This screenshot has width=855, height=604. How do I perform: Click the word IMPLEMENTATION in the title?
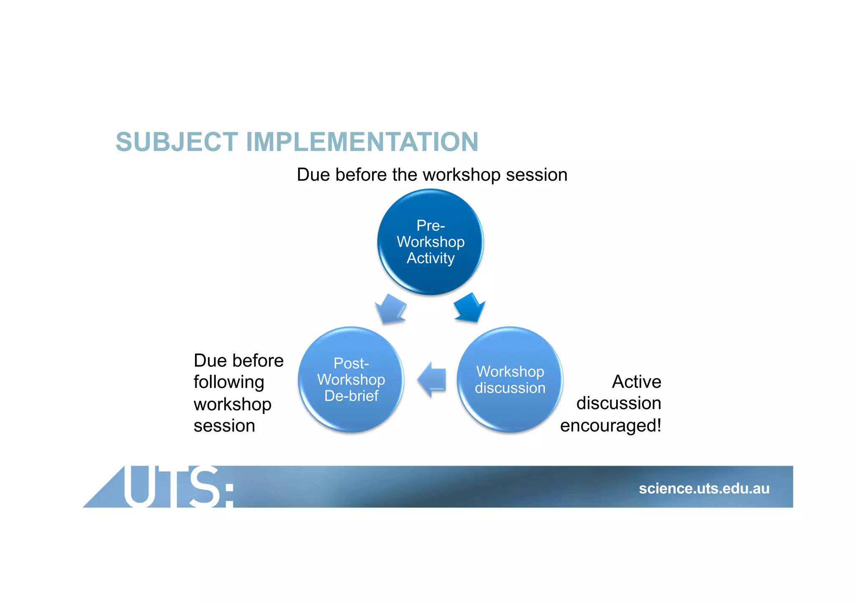[x=362, y=142]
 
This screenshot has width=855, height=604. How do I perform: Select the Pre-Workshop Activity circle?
[x=430, y=242]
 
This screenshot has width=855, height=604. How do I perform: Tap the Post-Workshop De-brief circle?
[x=351, y=379]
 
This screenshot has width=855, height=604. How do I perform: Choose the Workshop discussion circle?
[x=510, y=379]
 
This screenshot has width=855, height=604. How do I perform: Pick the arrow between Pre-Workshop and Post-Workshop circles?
[x=391, y=308]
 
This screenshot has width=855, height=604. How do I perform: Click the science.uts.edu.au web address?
[x=704, y=488]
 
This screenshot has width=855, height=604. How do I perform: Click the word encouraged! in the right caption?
[x=610, y=426]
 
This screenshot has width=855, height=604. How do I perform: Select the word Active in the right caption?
[x=636, y=382]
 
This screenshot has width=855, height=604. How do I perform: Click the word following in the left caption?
[x=229, y=382]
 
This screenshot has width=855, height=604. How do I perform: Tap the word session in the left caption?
[x=224, y=426]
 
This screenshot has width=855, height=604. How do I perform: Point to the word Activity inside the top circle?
[x=430, y=258]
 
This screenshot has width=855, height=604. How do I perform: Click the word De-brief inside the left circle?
[x=351, y=396]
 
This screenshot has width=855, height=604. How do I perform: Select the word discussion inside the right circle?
[x=510, y=388]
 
